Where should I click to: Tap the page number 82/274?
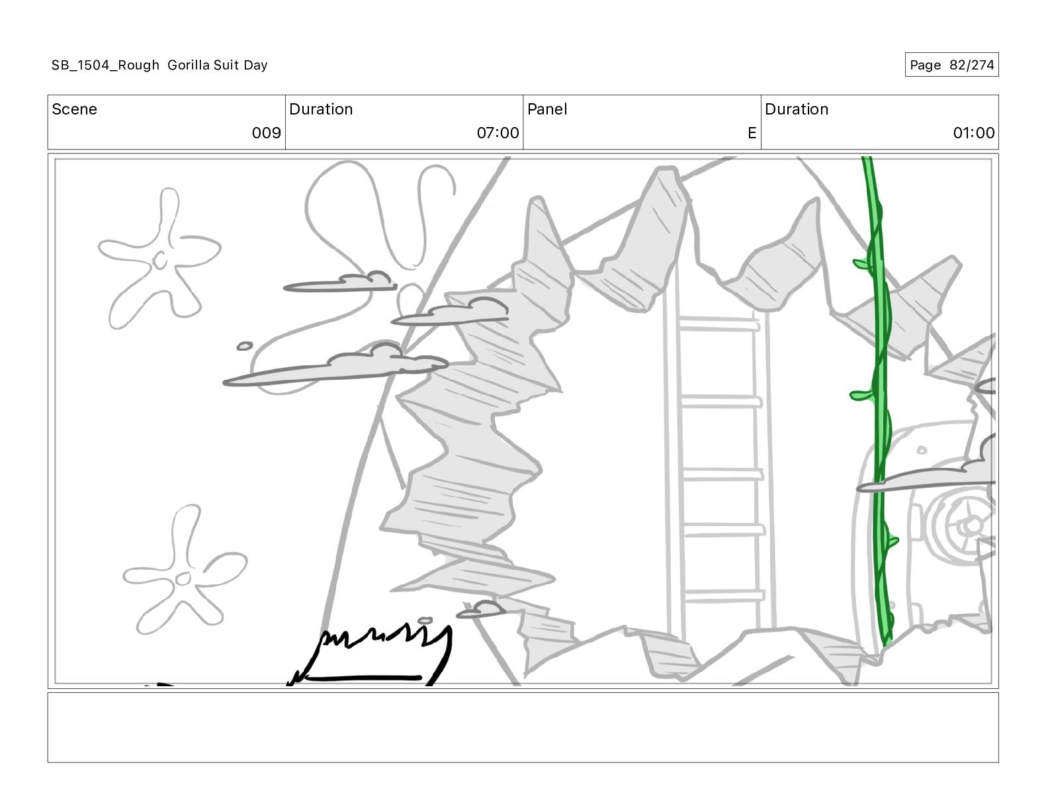pos(972,65)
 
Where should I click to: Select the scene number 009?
pos(266,132)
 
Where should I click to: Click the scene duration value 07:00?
pos(498,132)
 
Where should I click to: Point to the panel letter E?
pos(752,132)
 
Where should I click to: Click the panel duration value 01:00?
pos(974,132)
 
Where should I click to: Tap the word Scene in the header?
pos(74,109)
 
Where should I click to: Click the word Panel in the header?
pos(547,109)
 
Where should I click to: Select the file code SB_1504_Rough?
pos(105,65)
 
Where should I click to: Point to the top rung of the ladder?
pos(719,324)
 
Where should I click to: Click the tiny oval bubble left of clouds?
pos(245,346)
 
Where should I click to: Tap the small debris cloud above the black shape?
pos(481,609)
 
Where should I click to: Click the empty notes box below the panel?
pos(523,727)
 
